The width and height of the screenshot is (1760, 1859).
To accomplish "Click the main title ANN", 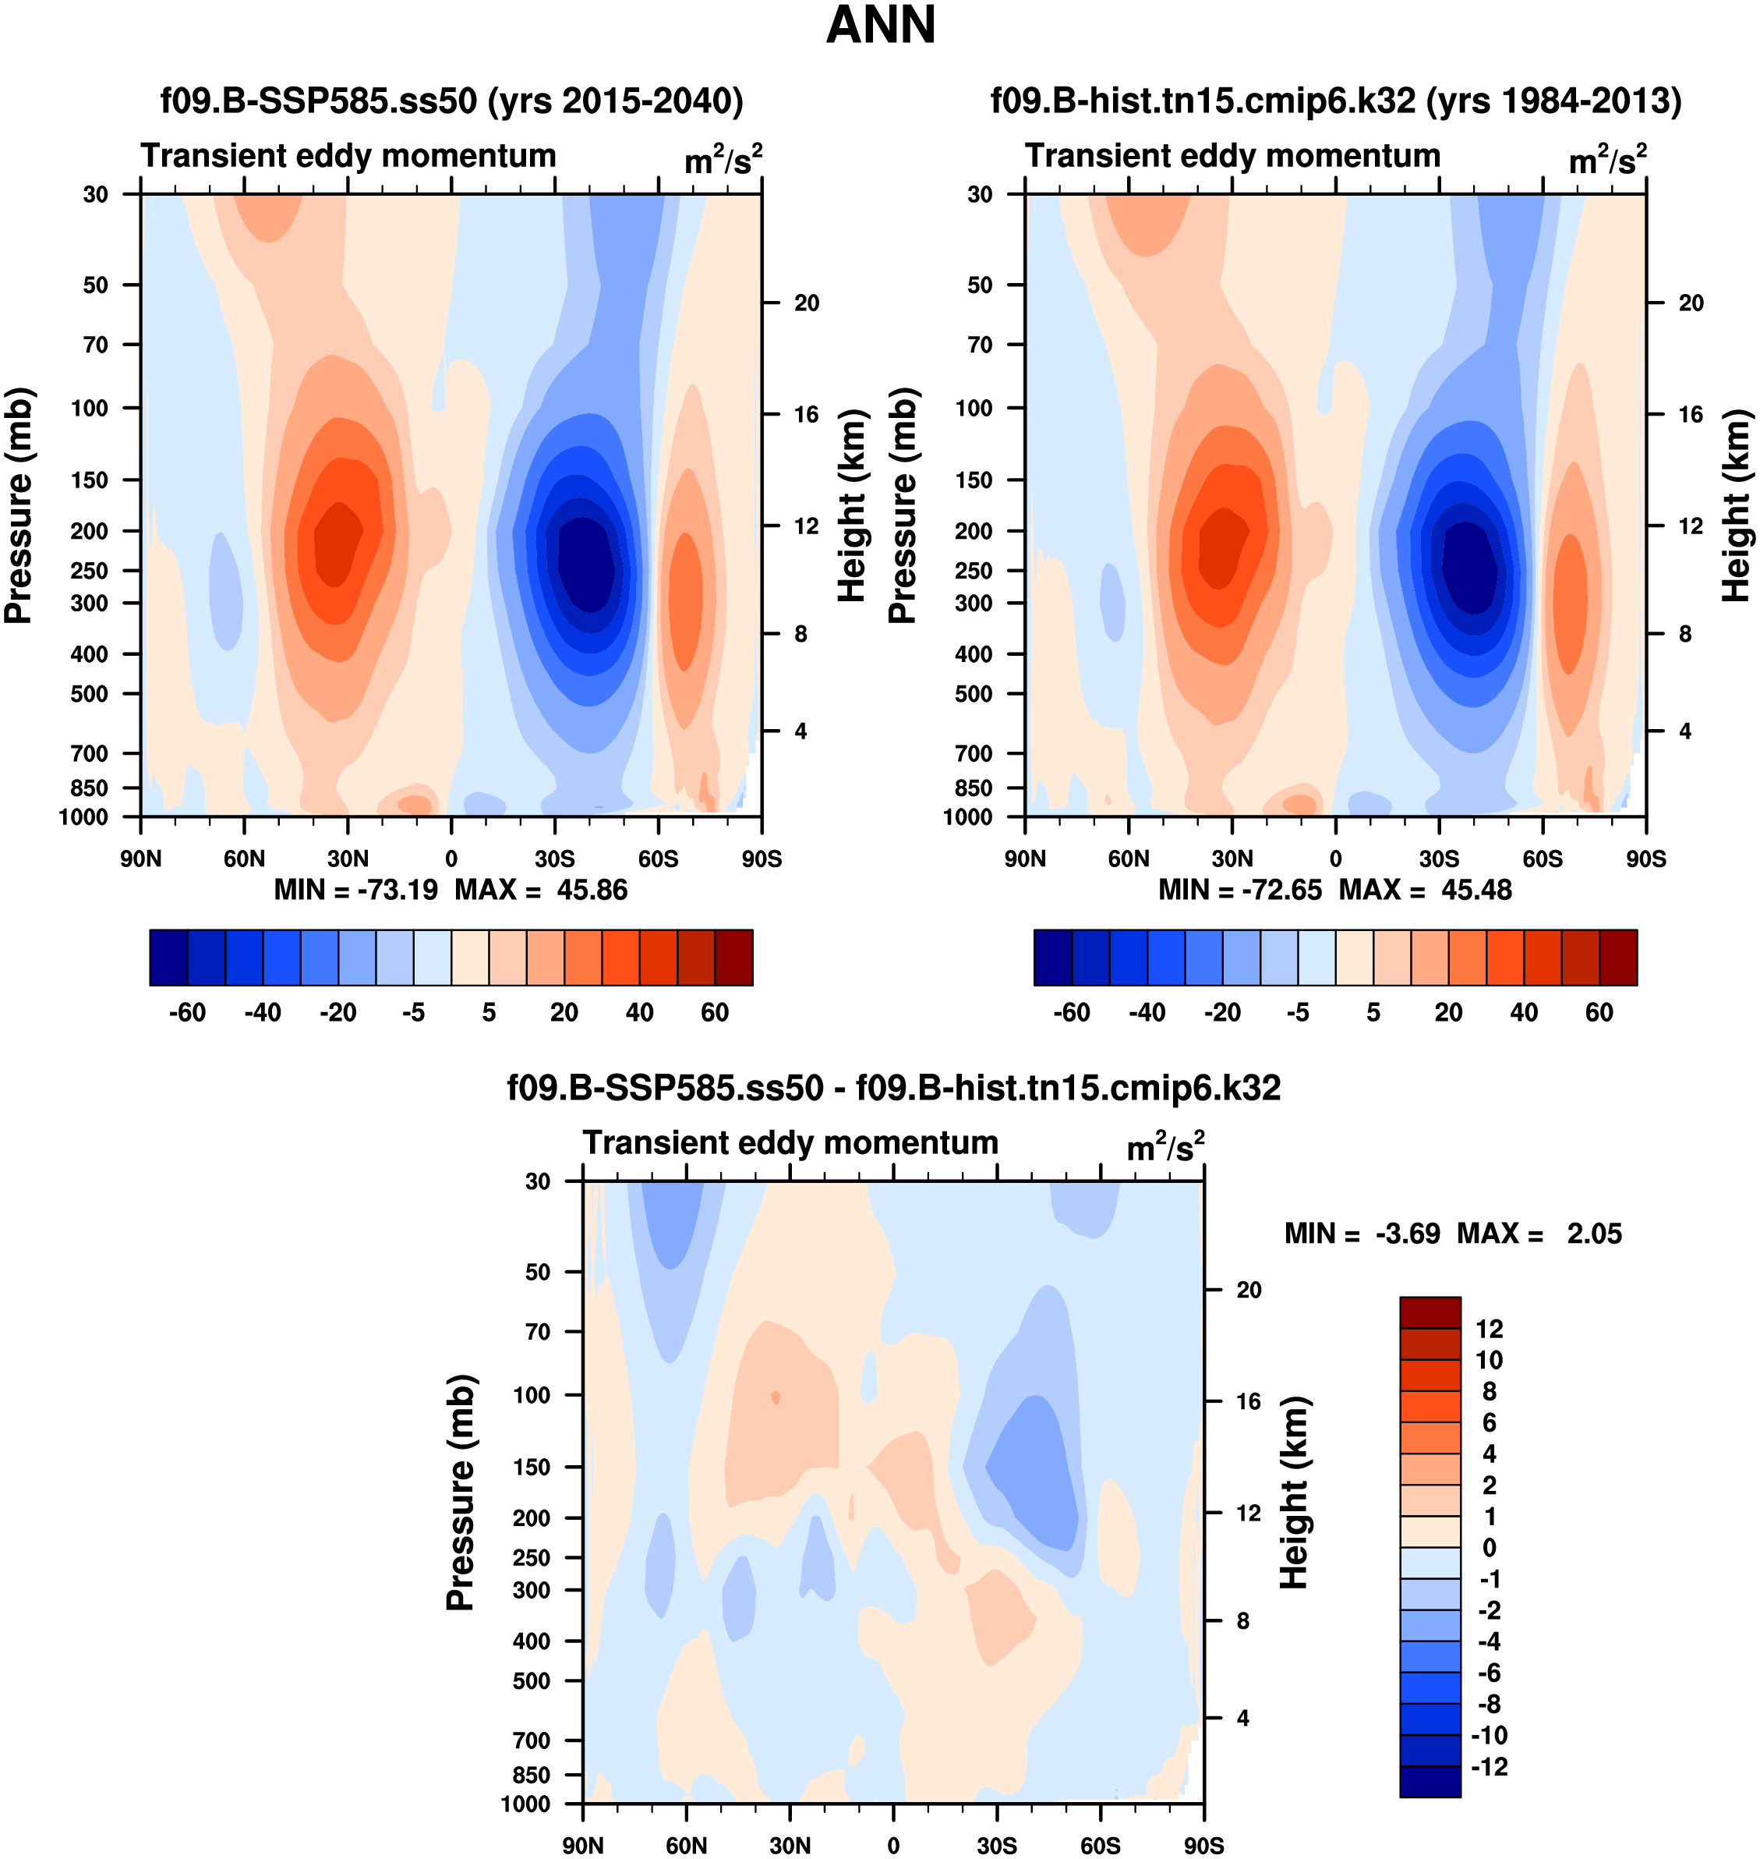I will pos(880,25).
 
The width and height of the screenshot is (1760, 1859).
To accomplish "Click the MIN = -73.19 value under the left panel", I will pos(355,890).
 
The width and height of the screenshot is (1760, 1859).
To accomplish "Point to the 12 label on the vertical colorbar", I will pos(1489,1329).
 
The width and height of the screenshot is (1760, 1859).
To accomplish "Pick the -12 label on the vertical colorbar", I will pos(1489,1766).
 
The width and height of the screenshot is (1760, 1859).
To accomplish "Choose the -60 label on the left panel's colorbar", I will pos(187,1013).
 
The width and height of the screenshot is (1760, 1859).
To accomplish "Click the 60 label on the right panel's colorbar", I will pos(1599,1013).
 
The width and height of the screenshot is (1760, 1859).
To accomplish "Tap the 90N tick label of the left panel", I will pos(141,859).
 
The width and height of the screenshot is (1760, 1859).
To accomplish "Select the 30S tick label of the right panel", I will pos(1438,859).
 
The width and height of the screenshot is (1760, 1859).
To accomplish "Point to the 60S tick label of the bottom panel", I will pos(1100,1846).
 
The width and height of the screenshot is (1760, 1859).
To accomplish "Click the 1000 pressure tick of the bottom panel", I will pos(525,1804).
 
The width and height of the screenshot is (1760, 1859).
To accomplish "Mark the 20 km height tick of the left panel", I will pos(806,303).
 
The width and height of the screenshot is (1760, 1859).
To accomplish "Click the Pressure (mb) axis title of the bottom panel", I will pos(461,1492).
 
